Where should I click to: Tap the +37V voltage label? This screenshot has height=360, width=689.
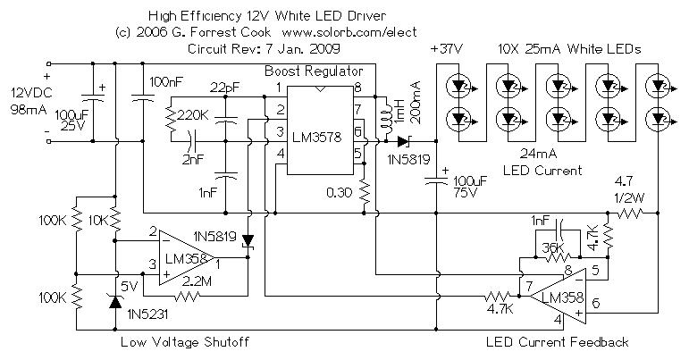[x=448, y=48]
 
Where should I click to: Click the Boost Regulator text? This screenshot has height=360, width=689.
[x=313, y=69]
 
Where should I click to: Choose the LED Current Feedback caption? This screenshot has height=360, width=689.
[x=557, y=342]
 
